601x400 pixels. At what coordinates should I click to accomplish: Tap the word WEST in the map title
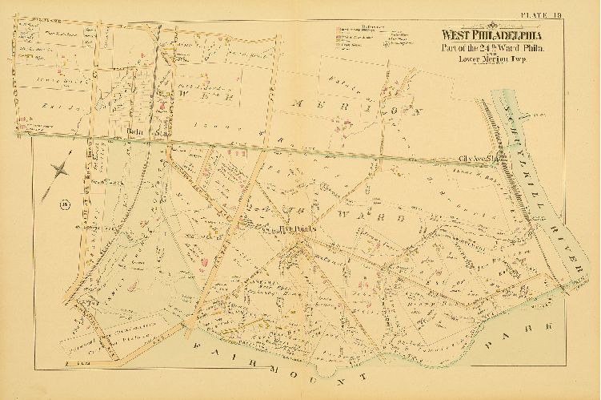click(x=451, y=34)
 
